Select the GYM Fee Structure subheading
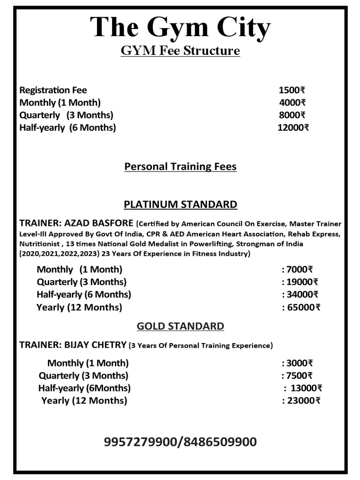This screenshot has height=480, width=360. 180,51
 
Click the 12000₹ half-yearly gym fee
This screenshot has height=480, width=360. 293,127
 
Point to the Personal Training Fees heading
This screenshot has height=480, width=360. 180,166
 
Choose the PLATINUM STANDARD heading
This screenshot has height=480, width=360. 180,204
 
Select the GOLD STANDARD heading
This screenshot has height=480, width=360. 180,326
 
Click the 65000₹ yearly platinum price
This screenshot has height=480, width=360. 303,307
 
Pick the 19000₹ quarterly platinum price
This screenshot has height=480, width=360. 301,282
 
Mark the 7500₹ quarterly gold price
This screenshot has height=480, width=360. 299,375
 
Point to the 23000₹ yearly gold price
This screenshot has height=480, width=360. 303,401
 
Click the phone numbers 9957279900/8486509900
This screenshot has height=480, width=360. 180,442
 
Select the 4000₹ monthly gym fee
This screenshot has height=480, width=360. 292,103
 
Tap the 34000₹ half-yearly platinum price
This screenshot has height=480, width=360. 301,295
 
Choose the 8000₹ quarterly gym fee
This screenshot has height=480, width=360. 292,115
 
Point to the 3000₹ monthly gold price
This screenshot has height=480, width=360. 299,363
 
